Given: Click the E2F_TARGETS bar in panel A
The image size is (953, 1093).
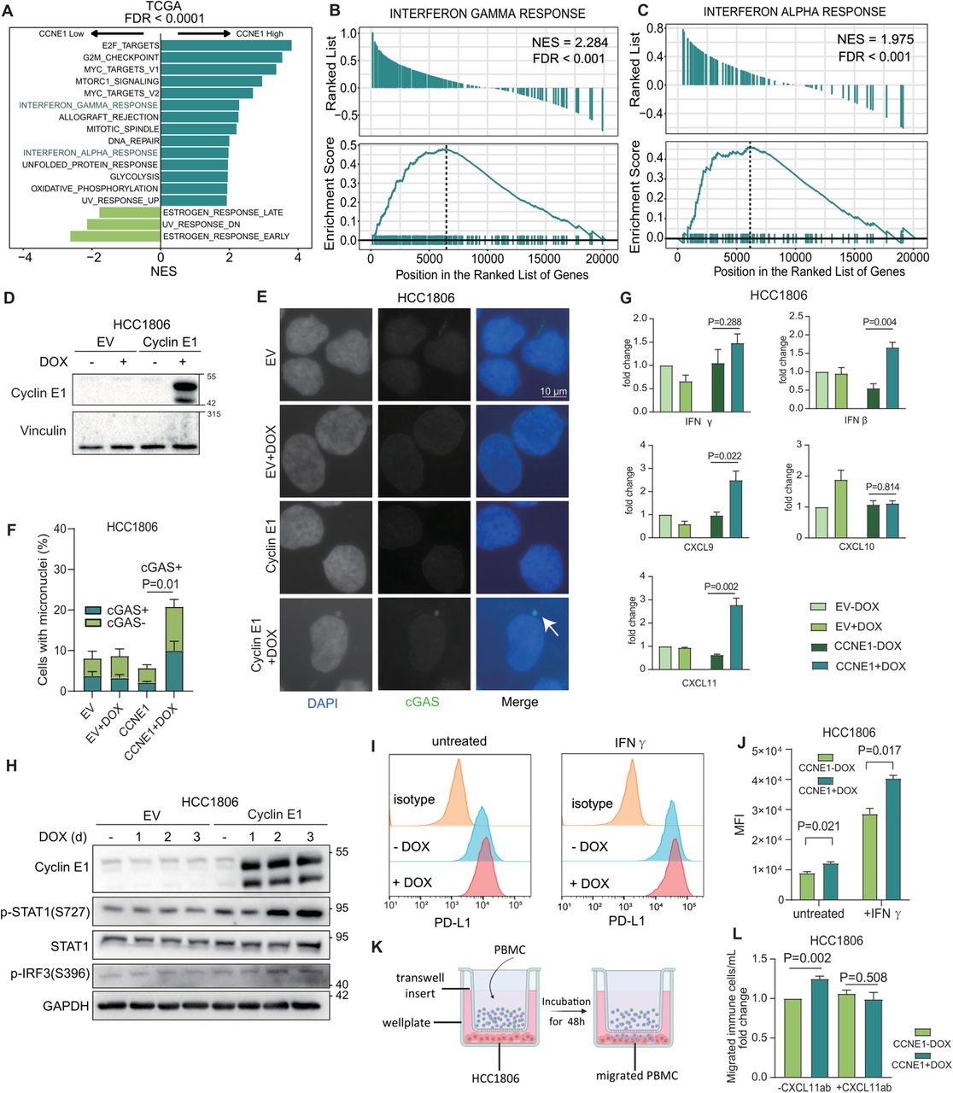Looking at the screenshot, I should click(x=225, y=45).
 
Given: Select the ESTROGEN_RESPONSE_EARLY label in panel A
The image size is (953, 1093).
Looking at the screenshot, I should click(x=226, y=237).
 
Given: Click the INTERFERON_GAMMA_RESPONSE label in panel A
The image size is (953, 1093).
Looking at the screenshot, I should click(x=89, y=105).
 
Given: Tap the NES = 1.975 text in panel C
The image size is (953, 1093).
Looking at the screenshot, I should click(x=874, y=38).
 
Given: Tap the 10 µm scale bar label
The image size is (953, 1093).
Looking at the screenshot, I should click(x=553, y=391).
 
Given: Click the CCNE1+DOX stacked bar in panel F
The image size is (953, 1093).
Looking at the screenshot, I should click(x=173, y=649).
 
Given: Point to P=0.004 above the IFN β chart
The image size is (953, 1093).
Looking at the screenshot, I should click(x=880, y=322).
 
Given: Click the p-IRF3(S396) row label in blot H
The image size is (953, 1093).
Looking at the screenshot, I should click(x=45, y=973).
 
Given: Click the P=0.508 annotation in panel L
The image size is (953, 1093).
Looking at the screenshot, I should click(x=863, y=978).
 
